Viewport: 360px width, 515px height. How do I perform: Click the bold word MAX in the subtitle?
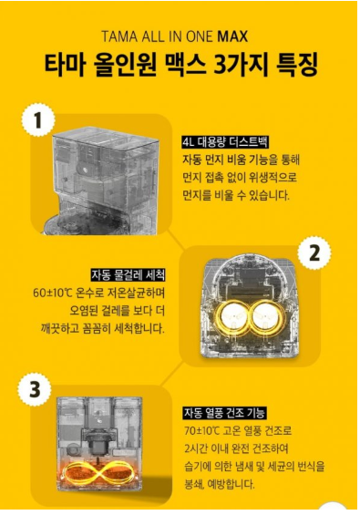(x=232, y=36)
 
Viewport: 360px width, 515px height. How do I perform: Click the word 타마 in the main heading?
(x=66, y=64)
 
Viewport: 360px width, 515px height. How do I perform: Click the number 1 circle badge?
(x=37, y=120)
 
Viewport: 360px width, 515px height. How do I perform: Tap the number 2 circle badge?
(x=314, y=252)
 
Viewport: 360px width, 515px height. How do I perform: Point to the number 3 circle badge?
(x=35, y=389)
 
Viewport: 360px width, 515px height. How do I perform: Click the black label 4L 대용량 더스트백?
(x=225, y=143)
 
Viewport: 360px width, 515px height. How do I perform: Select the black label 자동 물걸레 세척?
(x=128, y=275)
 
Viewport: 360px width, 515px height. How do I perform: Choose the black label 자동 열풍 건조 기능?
(x=225, y=413)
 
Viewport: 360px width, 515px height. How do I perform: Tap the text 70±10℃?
(x=201, y=430)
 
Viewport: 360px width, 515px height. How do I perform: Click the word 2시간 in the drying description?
(x=195, y=448)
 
